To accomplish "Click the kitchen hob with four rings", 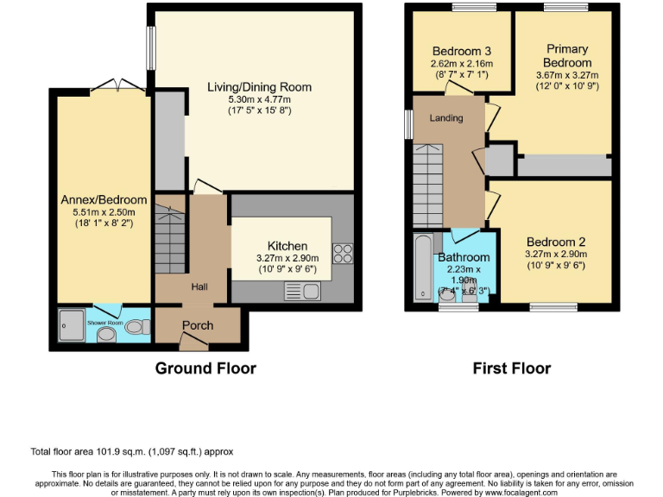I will [343, 253].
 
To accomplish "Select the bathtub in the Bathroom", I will [422, 267].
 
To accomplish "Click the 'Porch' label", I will [197, 325].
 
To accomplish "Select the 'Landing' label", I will [446, 118].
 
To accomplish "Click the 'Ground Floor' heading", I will [205, 368].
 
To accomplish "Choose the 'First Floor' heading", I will [511, 368].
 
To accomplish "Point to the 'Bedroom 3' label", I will [462, 50].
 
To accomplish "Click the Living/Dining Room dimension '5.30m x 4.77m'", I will [259, 99].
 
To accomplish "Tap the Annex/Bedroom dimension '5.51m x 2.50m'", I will [103, 212].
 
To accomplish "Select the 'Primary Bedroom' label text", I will [566, 56].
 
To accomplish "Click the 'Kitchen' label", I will [287, 246].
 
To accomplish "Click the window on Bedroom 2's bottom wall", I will [553, 306].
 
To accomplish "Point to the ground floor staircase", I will [171, 238].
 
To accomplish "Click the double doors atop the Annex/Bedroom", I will [117, 85].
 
